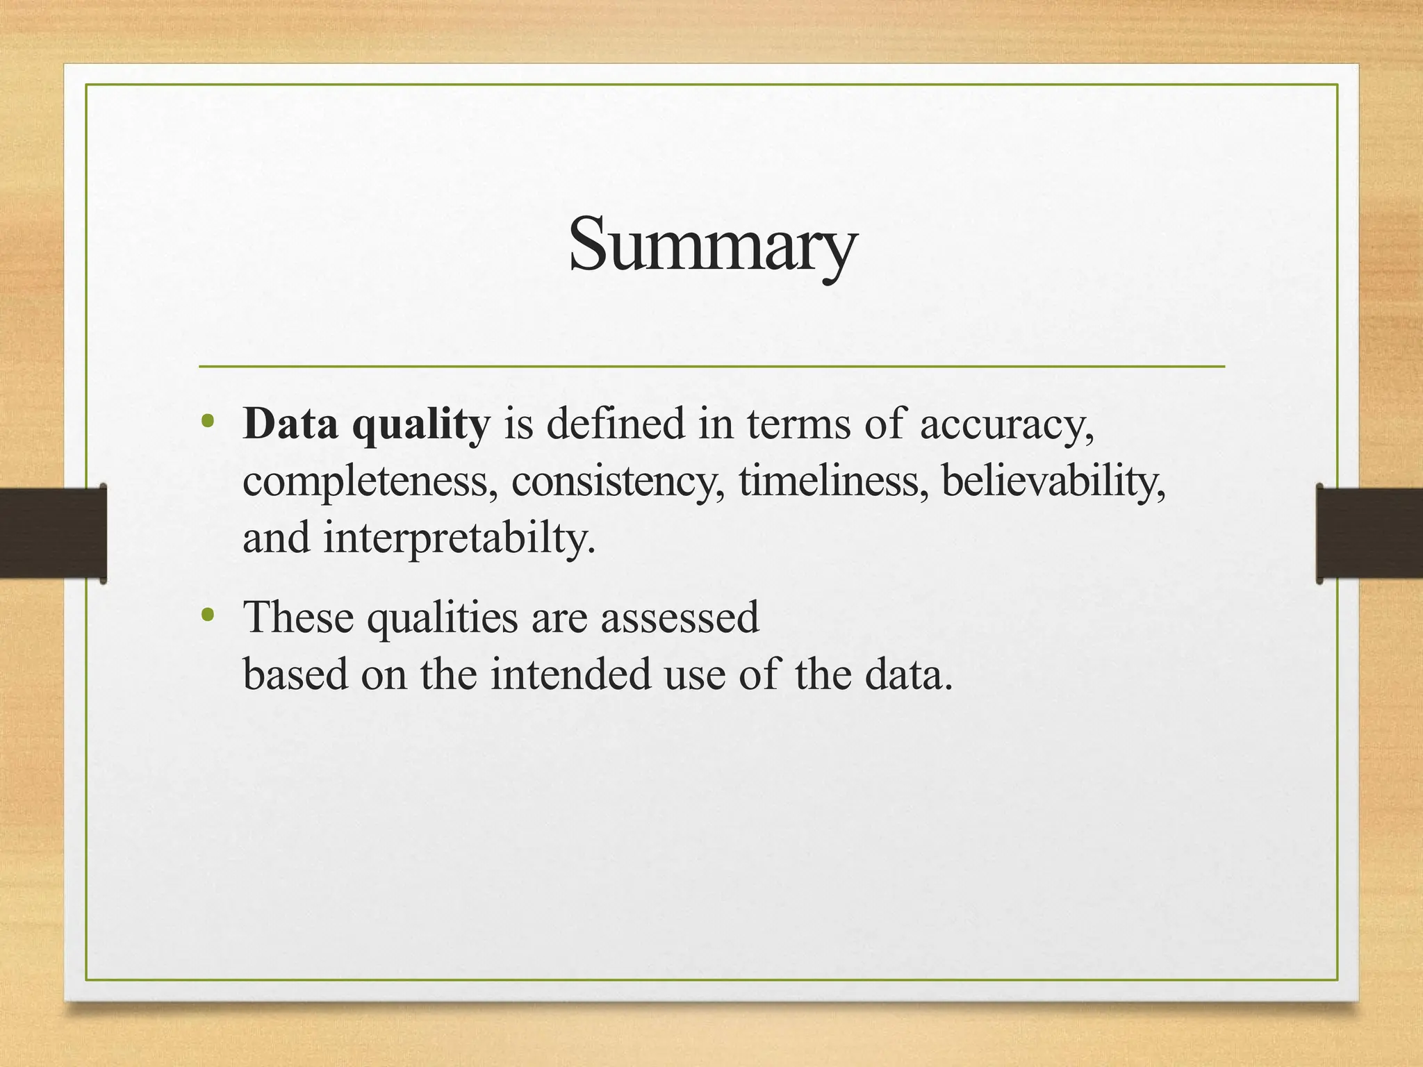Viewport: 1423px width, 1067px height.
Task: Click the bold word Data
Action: click(x=290, y=424)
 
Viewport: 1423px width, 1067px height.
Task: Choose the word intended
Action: click(x=570, y=674)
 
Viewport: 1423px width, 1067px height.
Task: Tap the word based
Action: click(x=295, y=674)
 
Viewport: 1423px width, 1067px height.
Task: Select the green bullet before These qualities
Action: click(x=206, y=615)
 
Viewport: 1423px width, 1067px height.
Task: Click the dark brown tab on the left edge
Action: click(x=53, y=533)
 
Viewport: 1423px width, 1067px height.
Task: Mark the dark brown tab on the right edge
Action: click(x=1369, y=533)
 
